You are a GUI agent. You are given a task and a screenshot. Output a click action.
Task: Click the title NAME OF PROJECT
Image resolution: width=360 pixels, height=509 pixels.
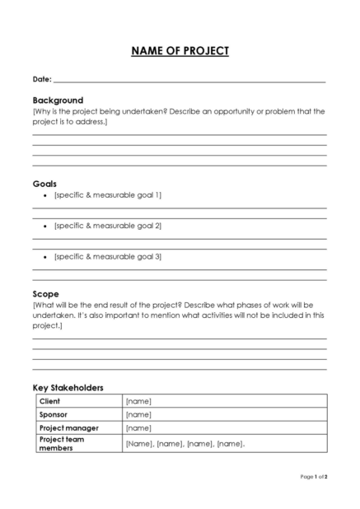[x=180, y=51]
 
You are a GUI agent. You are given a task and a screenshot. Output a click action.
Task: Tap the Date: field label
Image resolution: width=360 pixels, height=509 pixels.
[x=41, y=80]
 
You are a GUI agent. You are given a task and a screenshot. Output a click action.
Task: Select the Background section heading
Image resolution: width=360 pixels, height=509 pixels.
[x=58, y=100]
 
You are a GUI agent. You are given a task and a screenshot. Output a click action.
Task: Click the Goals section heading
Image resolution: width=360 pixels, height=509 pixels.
[x=44, y=183]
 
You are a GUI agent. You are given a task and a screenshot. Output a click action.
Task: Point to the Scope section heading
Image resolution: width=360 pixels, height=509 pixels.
[x=45, y=293]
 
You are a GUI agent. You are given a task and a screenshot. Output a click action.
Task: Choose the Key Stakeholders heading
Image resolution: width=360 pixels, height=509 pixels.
[x=68, y=387]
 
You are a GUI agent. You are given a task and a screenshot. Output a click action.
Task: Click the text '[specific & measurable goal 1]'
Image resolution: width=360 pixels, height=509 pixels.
[x=107, y=194]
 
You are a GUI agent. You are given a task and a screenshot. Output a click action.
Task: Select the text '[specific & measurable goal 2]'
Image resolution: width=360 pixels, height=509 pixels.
[x=107, y=225]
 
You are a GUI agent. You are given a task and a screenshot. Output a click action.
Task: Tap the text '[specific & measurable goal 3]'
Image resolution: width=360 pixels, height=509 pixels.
[x=107, y=256]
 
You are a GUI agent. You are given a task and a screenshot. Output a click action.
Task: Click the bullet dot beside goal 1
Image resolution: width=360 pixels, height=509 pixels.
[x=44, y=195]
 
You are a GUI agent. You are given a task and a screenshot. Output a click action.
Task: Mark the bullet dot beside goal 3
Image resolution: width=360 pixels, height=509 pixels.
[x=44, y=257]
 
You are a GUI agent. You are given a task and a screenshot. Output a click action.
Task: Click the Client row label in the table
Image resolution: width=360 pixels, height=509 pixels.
[x=49, y=401]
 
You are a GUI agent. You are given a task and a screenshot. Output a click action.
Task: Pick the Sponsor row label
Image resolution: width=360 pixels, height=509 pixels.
[x=54, y=414]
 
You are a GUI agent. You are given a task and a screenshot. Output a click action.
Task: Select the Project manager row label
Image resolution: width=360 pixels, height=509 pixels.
[x=68, y=427]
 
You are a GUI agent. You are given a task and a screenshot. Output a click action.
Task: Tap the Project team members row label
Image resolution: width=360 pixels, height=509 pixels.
[x=62, y=443]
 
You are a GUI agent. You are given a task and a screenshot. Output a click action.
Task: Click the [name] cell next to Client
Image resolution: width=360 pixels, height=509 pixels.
[x=138, y=401]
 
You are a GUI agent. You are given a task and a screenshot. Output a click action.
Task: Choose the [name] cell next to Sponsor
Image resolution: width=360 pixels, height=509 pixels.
[x=138, y=414]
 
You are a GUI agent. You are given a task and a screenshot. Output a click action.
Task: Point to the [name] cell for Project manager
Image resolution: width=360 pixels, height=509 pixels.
[x=138, y=427]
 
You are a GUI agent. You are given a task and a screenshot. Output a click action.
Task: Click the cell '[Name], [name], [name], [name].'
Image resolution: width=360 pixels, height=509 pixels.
[x=185, y=443]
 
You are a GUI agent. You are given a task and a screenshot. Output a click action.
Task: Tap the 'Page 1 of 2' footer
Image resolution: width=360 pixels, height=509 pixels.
[x=314, y=476]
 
